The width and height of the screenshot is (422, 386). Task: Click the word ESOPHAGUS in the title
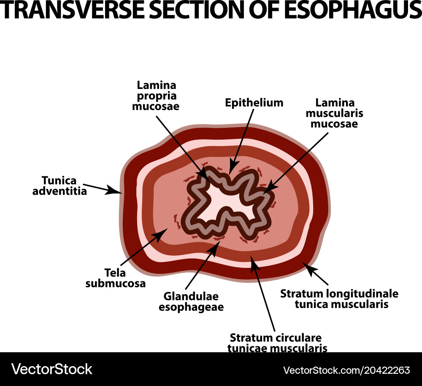coord(352,11)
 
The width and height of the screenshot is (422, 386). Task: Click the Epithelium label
coord(254,103)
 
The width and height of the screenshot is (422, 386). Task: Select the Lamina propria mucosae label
coord(156,96)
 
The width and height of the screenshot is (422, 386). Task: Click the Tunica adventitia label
coord(65,185)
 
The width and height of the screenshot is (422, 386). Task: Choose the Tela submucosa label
coord(116,278)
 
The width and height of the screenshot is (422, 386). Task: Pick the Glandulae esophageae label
coord(191,302)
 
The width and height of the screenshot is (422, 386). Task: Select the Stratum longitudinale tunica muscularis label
coord(339,298)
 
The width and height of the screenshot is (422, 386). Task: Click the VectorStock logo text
coord(52,370)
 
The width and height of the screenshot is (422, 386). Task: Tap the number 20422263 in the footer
coord(382,370)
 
